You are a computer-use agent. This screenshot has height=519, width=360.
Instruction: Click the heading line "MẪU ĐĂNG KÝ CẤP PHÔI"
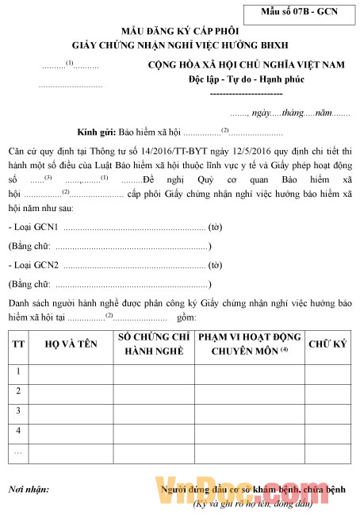(x=180, y=28)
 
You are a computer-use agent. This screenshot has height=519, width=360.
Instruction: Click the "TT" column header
(x=18, y=344)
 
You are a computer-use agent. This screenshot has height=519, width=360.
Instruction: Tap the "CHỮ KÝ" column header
(x=322, y=344)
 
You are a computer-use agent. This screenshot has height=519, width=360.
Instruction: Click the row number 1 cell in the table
(x=18, y=371)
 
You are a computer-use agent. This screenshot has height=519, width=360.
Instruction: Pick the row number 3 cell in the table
(x=18, y=410)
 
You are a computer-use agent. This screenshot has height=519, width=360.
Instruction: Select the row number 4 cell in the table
(x=18, y=429)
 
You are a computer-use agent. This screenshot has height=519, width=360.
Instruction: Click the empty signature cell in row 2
(x=322, y=390)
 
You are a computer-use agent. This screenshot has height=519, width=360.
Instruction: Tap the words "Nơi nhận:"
(x=29, y=490)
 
